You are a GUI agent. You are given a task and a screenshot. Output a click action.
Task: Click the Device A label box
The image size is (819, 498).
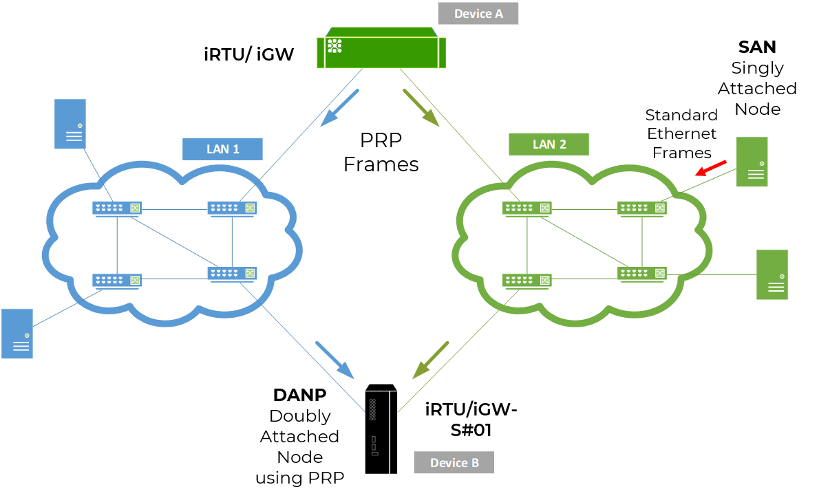(478, 14)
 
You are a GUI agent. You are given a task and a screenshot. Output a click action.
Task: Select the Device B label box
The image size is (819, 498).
(454, 463)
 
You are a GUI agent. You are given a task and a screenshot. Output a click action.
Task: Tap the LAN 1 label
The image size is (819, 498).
(222, 149)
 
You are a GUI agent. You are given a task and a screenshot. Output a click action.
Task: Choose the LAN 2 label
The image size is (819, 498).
(549, 144)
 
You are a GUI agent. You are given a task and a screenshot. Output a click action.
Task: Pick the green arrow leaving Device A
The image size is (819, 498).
(421, 108)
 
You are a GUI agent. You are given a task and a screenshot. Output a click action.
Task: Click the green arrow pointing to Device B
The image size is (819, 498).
(432, 360)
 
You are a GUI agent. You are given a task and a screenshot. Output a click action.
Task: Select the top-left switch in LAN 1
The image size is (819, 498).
(117, 208)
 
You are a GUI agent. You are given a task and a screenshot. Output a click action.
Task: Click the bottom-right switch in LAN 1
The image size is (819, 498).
(232, 273)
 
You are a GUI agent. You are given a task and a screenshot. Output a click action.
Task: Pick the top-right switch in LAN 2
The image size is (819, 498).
(641, 207)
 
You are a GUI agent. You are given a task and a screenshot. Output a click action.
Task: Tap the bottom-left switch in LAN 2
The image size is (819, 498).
(527, 280)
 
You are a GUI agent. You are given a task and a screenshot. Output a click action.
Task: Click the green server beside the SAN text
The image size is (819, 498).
(752, 162)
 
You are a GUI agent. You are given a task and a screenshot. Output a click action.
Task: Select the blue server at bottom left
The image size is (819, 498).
(17, 334)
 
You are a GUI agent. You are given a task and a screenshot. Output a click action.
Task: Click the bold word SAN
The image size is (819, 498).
(757, 47)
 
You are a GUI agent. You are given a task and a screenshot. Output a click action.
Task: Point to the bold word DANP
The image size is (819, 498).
(299, 396)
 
